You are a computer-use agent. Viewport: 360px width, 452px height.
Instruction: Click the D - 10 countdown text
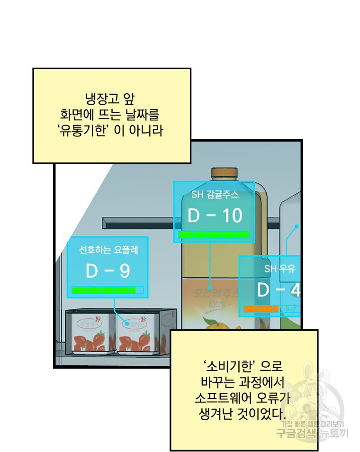[x=215, y=216]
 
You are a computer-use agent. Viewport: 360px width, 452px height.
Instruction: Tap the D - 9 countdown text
[x=108, y=271]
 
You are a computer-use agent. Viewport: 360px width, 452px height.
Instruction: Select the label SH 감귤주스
[x=215, y=194]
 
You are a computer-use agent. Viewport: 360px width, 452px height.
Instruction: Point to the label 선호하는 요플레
[x=108, y=249]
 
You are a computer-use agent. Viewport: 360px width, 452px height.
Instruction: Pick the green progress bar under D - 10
[x=214, y=235]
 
